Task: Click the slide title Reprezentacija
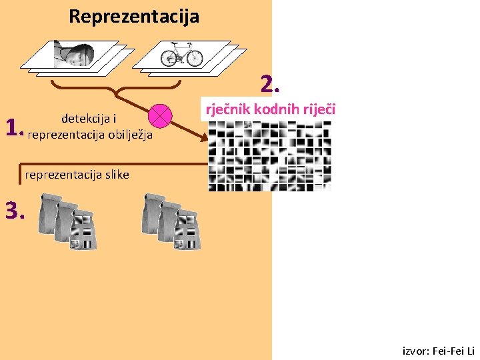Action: coord(133,16)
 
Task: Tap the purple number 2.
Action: coord(269,85)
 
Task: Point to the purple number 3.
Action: coord(14,211)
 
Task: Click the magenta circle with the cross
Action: coord(161,116)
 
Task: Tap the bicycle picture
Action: coord(181,53)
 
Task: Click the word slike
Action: coord(115,175)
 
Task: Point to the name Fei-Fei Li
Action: coord(455,351)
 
